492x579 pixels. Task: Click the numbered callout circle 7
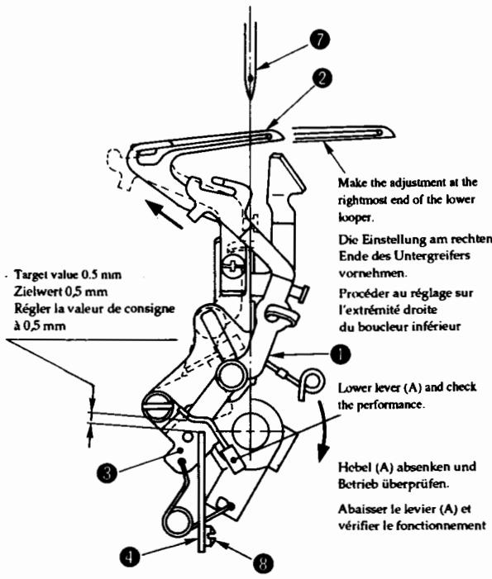(x=319, y=40)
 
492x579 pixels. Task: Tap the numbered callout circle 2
(x=322, y=78)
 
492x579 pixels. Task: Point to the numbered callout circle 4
(x=130, y=557)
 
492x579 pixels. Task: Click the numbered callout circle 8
(x=264, y=562)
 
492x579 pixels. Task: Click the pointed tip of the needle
(x=251, y=99)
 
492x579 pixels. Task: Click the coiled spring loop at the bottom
(x=177, y=522)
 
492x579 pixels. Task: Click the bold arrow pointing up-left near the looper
(x=164, y=214)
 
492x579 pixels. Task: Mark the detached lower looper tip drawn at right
(x=343, y=133)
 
